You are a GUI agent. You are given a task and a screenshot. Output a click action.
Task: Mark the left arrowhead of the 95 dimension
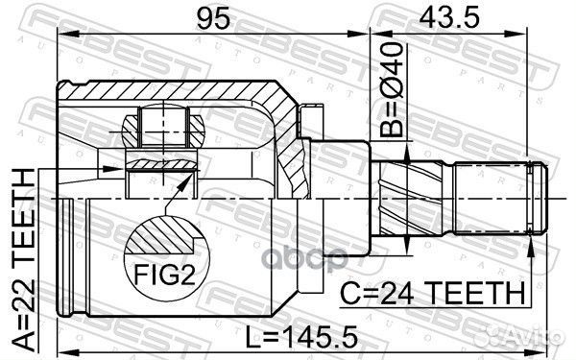click(x=63, y=36)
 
